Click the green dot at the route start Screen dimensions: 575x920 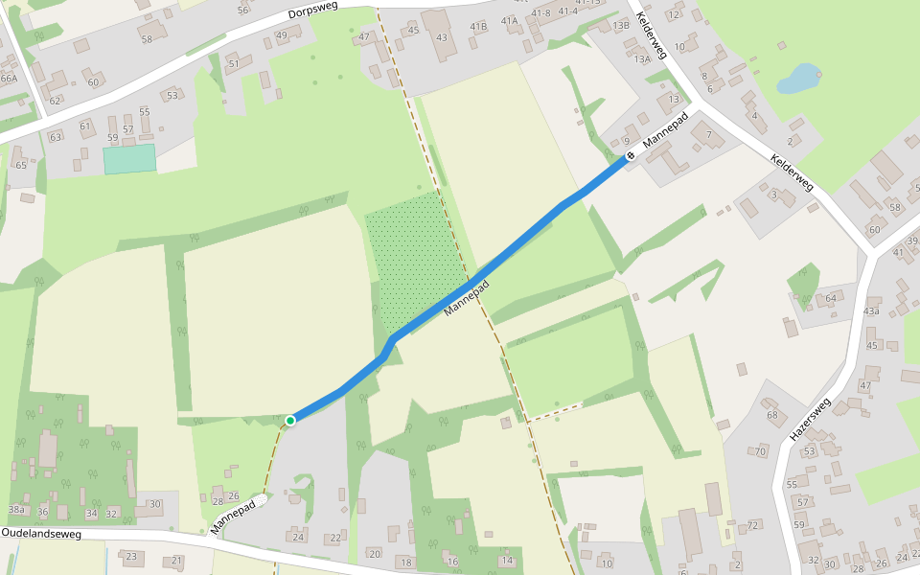[290, 420]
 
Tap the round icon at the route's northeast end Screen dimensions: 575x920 [631, 155]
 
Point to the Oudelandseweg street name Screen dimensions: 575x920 [41, 532]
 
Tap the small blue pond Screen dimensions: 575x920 [798, 79]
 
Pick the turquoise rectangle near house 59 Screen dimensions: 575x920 [129, 159]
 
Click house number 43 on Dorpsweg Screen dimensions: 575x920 [441, 37]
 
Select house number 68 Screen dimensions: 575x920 [772, 415]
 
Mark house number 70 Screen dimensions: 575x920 [760, 451]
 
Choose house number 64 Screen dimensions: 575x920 [830, 299]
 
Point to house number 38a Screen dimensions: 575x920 [16, 509]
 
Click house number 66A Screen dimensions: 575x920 [9, 78]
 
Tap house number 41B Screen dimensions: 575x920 [479, 26]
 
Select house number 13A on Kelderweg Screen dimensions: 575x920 [642, 58]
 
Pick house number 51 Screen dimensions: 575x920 [233, 63]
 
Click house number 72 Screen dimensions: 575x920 [753, 525]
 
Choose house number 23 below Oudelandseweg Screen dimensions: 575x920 [131, 557]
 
